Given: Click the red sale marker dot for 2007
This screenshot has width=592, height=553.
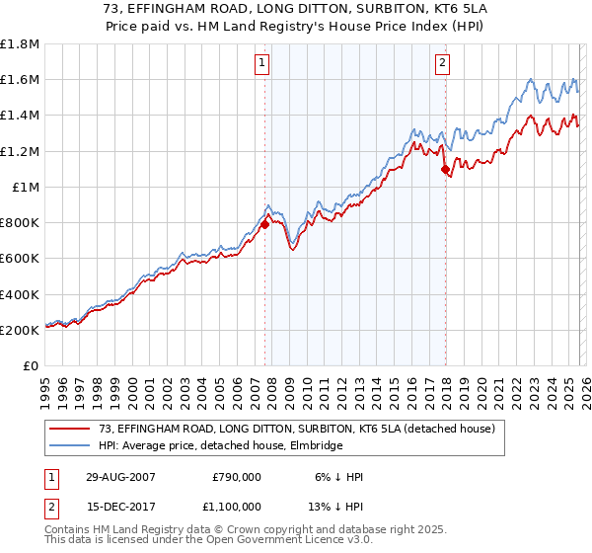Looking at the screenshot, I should coord(265,225).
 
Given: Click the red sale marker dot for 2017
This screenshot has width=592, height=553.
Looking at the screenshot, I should coord(445,170).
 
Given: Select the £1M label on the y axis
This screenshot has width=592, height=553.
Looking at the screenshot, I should coord(26,188).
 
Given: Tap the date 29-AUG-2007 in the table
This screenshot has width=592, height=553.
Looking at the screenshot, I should coord(117,477).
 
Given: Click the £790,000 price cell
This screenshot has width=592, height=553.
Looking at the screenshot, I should coord(237,477).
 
